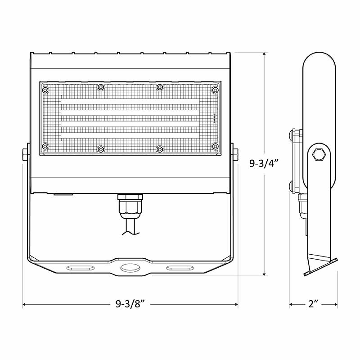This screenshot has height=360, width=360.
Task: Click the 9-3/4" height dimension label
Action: [x=264, y=163]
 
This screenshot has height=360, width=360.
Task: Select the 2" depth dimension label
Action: [x=314, y=305]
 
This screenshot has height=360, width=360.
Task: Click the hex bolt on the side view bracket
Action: [x=319, y=154]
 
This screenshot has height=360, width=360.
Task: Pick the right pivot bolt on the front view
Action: [x=235, y=153]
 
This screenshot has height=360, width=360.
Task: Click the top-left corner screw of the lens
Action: [x=45, y=90]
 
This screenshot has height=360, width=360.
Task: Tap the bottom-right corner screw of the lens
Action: [x=215, y=146]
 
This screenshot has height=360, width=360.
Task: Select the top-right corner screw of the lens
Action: [x=215, y=90]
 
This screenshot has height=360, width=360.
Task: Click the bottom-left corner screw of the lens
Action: [x=45, y=146]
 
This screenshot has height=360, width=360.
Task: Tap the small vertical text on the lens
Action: [x=214, y=118]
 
